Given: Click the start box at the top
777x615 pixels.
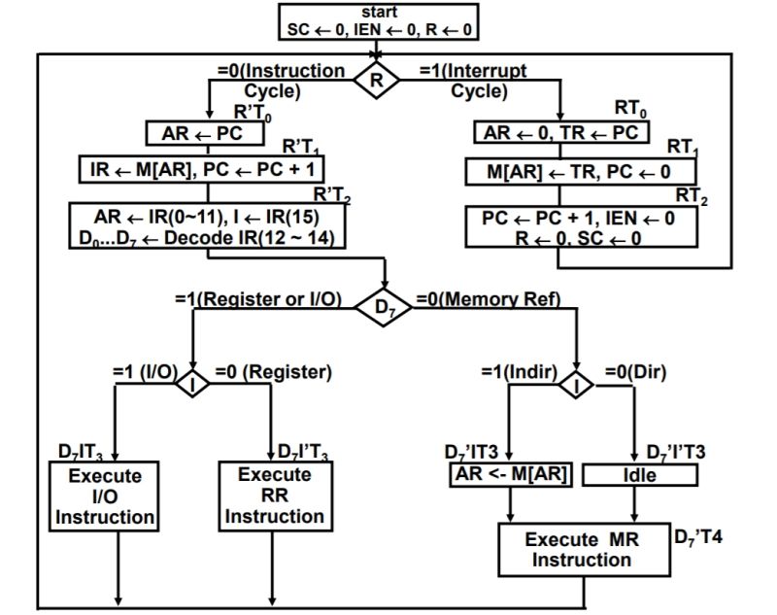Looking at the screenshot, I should point(379,21).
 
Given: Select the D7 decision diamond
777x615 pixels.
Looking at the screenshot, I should point(388,307).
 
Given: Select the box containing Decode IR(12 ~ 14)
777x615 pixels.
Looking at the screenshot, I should point(207,226).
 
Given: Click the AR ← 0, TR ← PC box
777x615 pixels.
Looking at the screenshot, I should point(562,131).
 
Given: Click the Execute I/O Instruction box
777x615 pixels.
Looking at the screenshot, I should point(105,495).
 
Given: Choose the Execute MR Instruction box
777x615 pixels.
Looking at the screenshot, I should point(584,549).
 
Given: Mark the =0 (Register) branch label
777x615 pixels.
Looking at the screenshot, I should point(273,372).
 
